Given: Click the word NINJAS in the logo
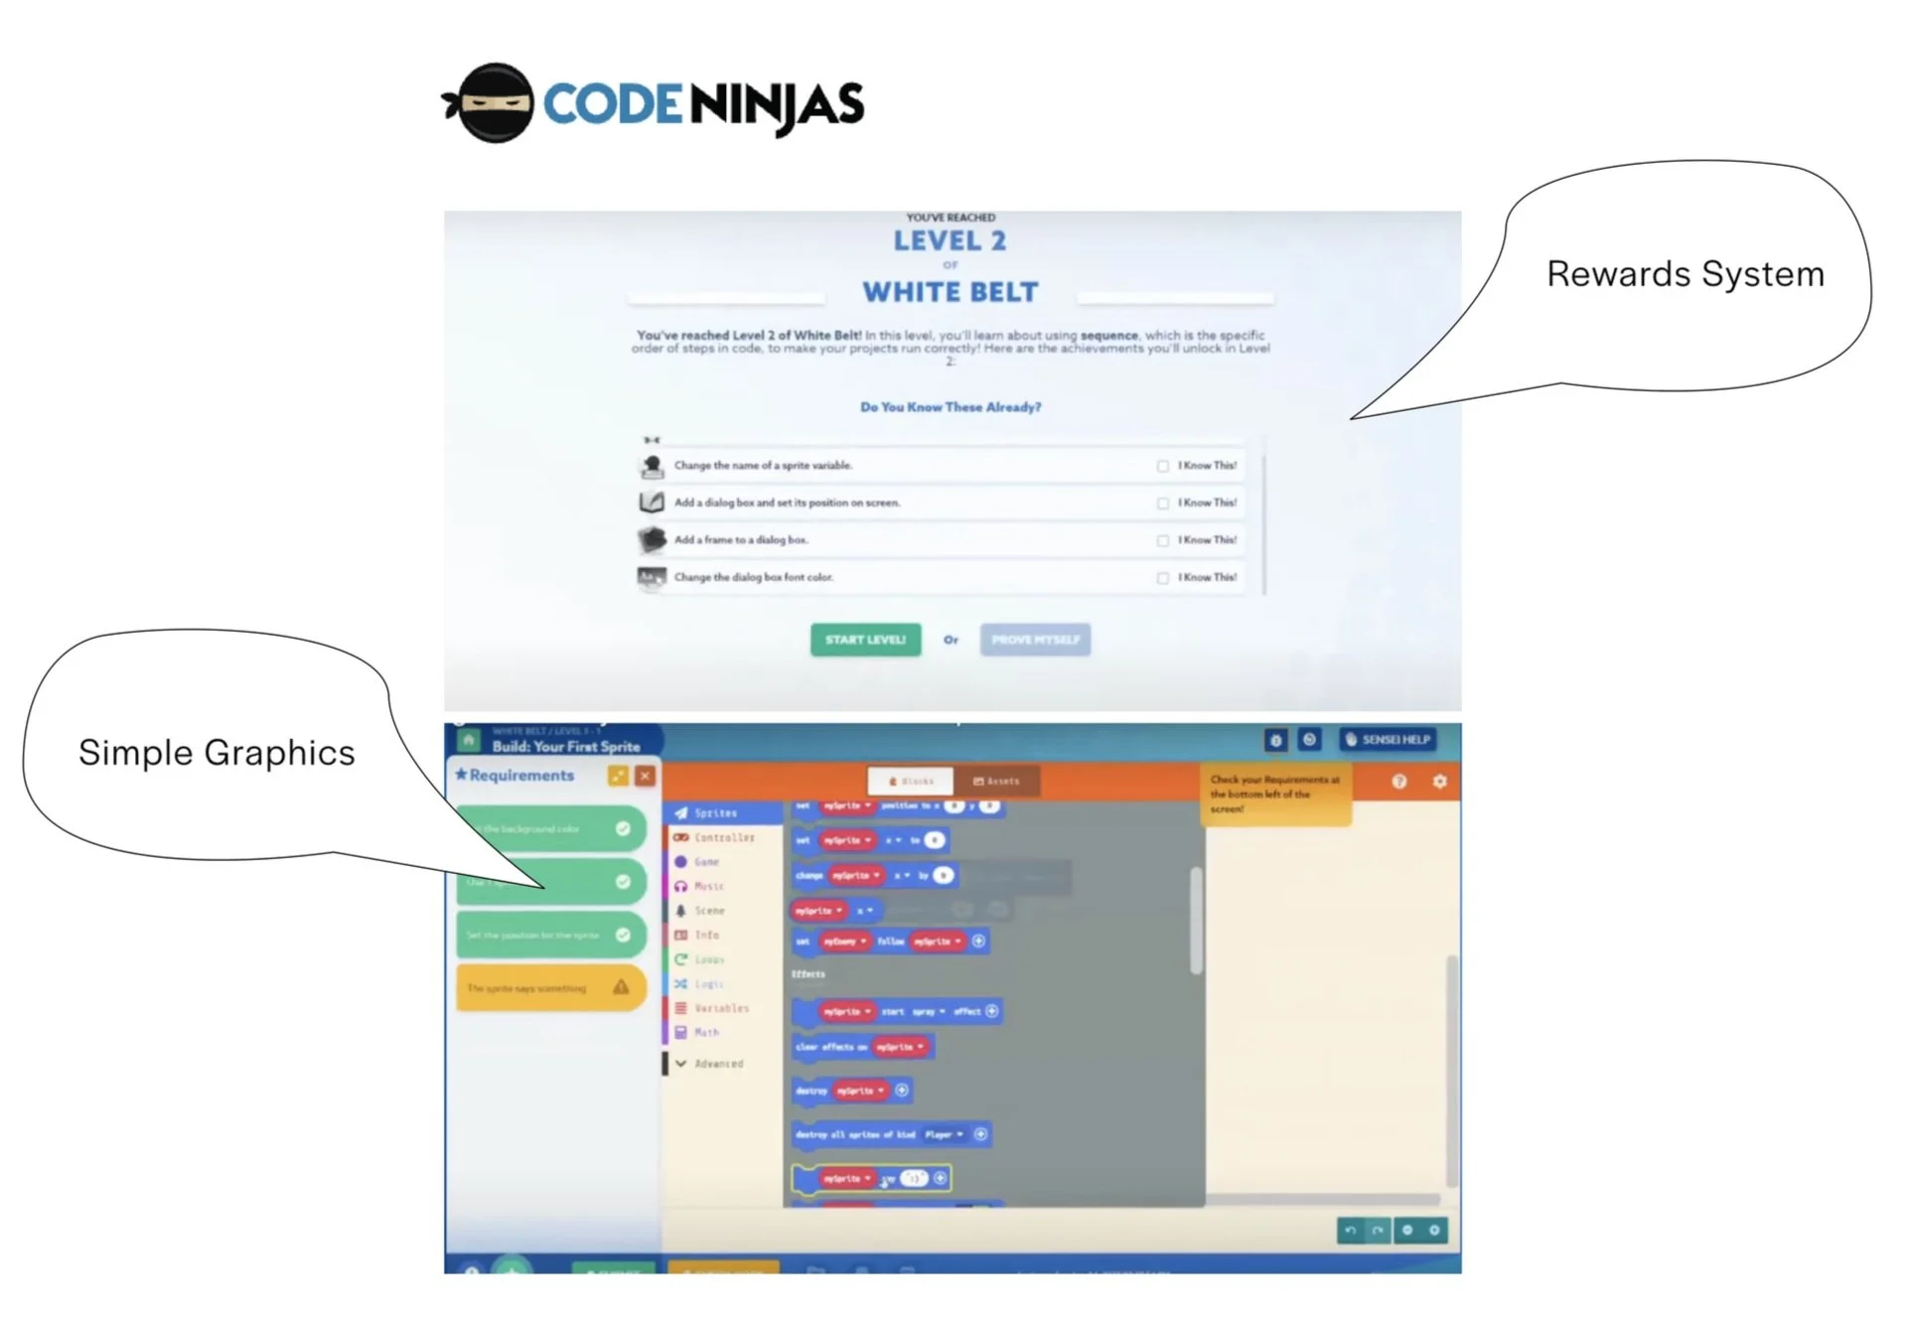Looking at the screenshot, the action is (x=776, y=105).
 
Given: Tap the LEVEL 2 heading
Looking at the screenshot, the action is (x=950, y=240).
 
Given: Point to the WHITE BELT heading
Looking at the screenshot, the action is (x=951, y=292).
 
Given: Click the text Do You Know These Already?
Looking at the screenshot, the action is (x=951, y=407).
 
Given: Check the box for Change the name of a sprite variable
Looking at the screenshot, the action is (x=1162, y=466).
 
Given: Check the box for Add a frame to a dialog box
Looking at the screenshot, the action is (x=1162, y=540).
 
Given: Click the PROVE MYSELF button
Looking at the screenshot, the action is (x=1035, y=640).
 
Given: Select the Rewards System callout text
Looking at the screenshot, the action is (x=1685, y=274).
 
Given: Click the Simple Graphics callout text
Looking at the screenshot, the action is (x=217, y=753).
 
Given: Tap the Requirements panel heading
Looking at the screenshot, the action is (x=521, y=775).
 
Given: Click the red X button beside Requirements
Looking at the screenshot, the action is (x=645, y=776).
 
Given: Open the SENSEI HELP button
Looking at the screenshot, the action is (x=1388, y=740).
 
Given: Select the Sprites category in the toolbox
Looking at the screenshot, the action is (x=715, y=813).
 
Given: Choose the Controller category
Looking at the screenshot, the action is (x=724, y=837).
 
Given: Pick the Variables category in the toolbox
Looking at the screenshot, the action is (x=721, y=1008).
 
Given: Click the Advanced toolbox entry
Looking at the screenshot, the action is (x=718, y=1064).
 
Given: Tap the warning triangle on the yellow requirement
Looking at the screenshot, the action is (x=621, y=987).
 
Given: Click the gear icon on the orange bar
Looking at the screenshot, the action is (x=1439, y=782).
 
